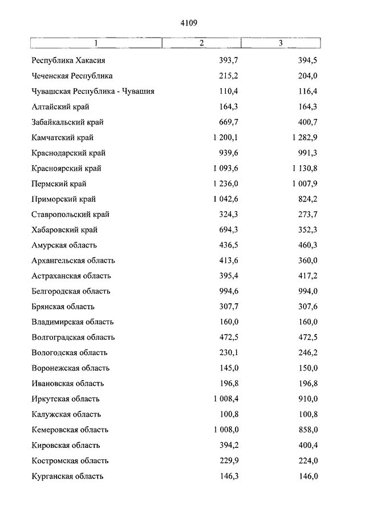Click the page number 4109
[188, 23]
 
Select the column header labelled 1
[96, 43]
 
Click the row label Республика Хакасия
[70, 60]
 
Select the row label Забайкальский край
[68, 122]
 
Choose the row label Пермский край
[59, 184]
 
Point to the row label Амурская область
[64, 245]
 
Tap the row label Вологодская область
[70, 353]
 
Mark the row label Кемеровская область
[70, 430]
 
